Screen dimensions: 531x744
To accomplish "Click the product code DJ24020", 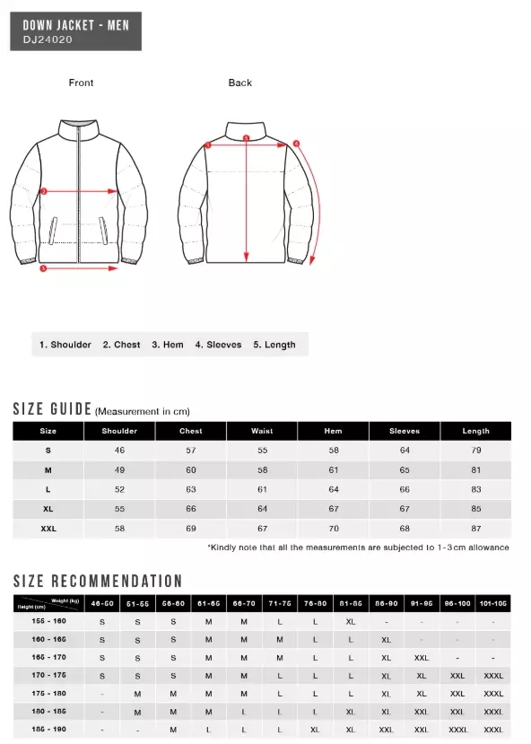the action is click(x=48, y=39).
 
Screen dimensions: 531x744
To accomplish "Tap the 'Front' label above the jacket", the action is click(x=81, y=83).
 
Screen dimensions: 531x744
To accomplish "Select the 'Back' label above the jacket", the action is click(x=239, y=83).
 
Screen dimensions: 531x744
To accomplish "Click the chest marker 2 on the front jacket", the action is click(x=42, y=191).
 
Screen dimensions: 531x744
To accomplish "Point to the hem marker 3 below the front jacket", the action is click(x=42, y=268).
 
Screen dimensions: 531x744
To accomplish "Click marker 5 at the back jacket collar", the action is click(x=247, y=138).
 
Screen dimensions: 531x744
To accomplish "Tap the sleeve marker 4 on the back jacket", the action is click(x=296, y=142).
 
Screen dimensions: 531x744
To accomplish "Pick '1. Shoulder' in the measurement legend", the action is click(x=65, y=345).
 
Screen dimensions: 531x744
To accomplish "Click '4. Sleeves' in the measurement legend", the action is click(x=219, y=345).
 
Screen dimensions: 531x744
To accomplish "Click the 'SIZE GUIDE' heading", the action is click(x=52, y=409).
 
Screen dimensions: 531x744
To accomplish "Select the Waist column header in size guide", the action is click(x=262, y=431).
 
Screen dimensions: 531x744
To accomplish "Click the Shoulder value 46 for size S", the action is click(x=119, y=451).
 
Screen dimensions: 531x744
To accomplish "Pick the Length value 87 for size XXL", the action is click(x=475, y=530).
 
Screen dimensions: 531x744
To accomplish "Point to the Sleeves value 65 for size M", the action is click(x=405, y=470).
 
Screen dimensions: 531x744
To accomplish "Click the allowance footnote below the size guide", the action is click(x=358, y=547).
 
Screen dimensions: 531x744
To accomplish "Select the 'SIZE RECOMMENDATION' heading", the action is click(x=97, y=581).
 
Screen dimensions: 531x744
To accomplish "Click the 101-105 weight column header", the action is click(x=493, y=603).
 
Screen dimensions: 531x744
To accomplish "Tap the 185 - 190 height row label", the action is click(x=42, y=729).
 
